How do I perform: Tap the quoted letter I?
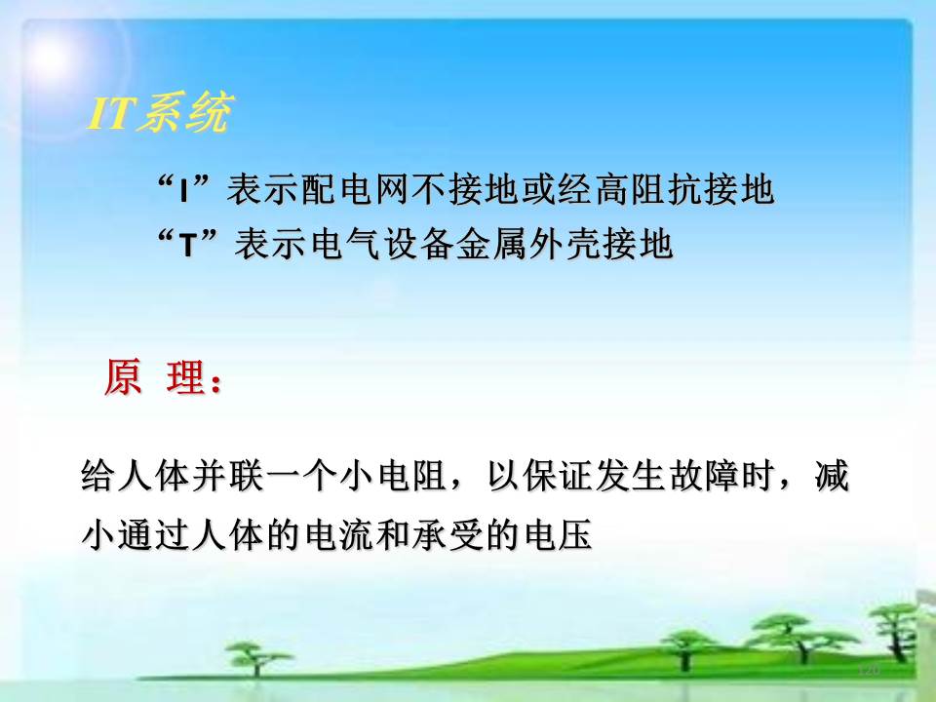tap(184, 191)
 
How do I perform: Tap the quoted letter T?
tap(188, 245)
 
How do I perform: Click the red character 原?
tap(123, 376)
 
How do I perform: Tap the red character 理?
tap(185, 376)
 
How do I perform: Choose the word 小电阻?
tap(393, 476)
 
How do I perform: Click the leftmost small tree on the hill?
tap(255, 657)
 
